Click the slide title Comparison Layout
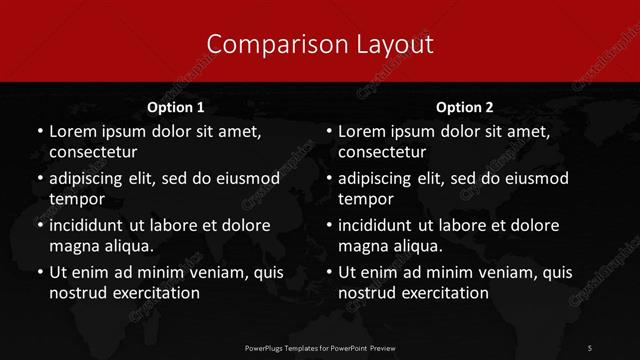click(320, 44)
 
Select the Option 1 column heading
click(176, 107)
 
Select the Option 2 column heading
click(465, 107)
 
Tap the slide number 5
click(590, 347)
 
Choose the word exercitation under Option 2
click(442, 293)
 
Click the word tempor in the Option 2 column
click(365, 199)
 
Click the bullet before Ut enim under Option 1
click(37, 272)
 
